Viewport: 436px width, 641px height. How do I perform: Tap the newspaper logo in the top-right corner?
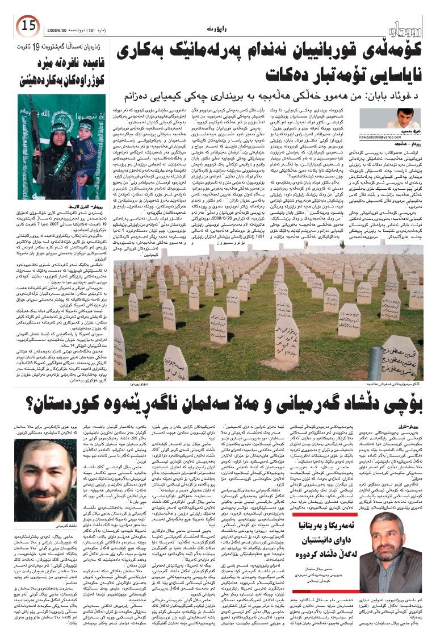coord(407,26)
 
